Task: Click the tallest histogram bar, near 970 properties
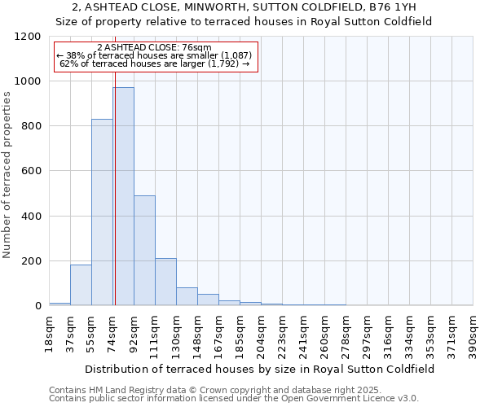coord(123,196)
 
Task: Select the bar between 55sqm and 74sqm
coord(102,212)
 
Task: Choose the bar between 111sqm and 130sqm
coord(165,282)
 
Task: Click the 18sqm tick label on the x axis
coord(50,333)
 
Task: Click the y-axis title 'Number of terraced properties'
coord(7,175)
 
